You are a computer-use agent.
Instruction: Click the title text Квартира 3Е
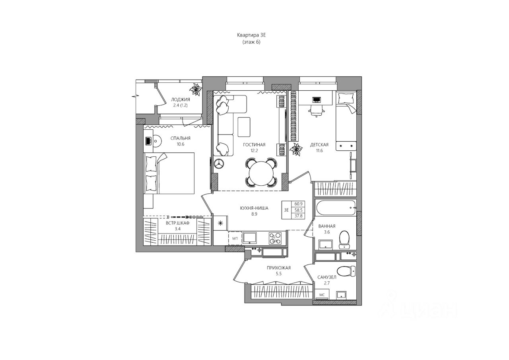(251, 35)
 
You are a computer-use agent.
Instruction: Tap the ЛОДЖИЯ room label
(181, 99)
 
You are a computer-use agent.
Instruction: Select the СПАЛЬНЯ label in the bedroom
(181, 138)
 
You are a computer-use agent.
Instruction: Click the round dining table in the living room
(260, 173)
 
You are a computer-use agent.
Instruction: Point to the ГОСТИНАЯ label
(254, 145)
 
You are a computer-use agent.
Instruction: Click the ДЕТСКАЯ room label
(319, 145)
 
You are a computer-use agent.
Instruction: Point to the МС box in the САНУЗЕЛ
(322, 295)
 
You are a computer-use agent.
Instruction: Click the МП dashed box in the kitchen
(235, 238)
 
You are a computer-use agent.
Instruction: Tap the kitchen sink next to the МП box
(250, 238)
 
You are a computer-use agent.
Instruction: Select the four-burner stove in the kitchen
(275, 238)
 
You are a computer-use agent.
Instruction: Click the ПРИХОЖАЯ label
(279, 268)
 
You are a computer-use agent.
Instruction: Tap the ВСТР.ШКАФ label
(178, 223)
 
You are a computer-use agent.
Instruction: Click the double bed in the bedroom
(169, 173)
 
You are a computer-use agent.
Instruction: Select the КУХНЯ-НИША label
(254, 208)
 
